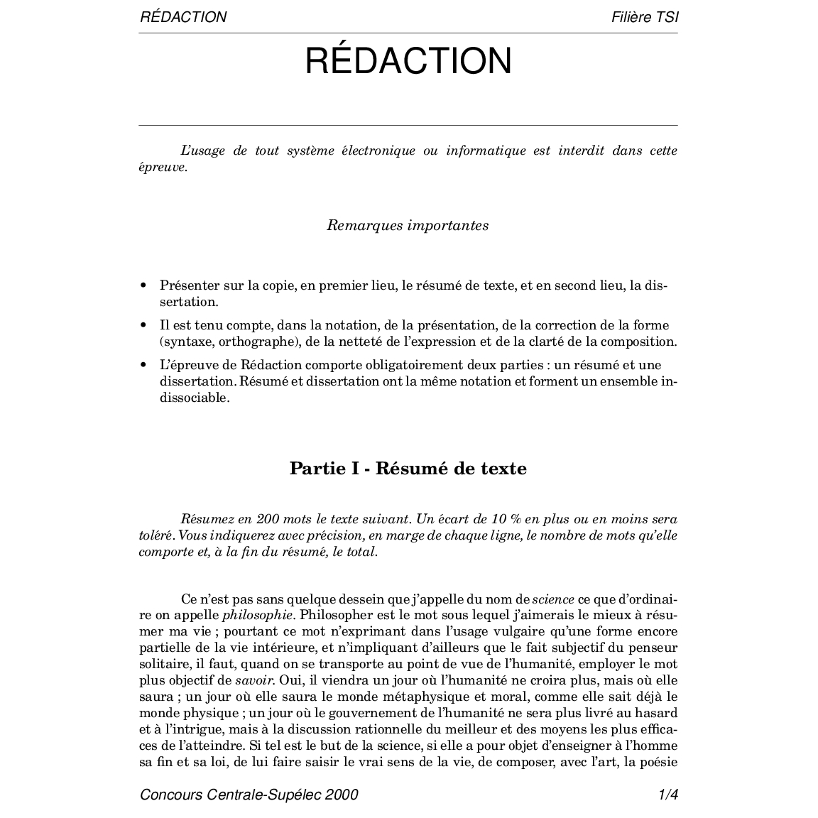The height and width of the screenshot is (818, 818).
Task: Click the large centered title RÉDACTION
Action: [408, 61]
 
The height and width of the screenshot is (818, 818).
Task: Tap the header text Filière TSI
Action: [644, 17]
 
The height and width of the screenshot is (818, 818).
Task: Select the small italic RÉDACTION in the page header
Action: [183, 17]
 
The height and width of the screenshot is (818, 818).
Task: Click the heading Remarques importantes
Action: [408, 226]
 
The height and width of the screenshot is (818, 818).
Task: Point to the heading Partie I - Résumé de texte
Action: [408, 469]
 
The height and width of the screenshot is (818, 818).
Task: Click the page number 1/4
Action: [668, 795]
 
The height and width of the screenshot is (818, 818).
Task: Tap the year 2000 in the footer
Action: [342, 795]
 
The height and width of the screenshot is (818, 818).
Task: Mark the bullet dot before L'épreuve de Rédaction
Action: [143, 366]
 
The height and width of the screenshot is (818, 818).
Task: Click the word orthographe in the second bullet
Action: [256, 342]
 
